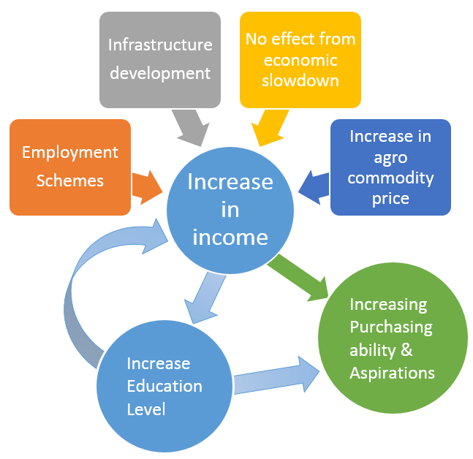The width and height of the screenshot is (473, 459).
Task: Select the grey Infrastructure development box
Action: click(160, 58)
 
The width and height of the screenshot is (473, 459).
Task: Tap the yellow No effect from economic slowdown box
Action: click(300, 58)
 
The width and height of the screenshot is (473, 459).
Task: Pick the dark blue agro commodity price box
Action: click(390, 167)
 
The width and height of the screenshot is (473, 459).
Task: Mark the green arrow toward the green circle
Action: click(300, 277)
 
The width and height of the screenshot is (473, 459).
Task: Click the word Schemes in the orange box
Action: click(69, 180)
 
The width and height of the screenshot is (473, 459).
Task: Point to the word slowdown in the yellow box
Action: click(301, 80)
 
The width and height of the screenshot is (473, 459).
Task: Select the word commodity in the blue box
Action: click(390, 178)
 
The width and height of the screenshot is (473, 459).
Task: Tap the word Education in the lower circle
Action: click(164, 386)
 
